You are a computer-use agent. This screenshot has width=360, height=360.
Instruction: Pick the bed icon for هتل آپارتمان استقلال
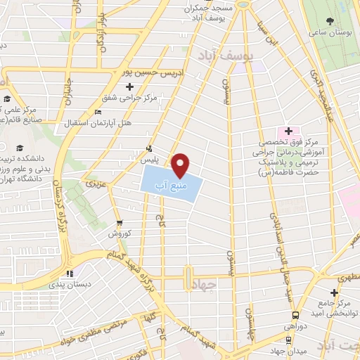(98, 112)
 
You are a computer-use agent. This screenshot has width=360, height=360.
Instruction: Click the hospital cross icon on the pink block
(288, 131)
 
